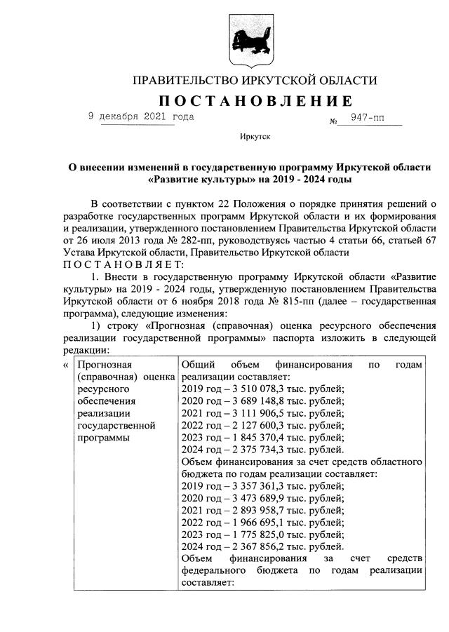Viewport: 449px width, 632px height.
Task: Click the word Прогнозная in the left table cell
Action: (x=105, y=365)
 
